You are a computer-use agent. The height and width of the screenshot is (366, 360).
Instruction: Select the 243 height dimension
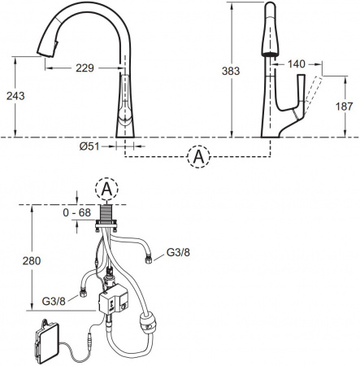(15, 95)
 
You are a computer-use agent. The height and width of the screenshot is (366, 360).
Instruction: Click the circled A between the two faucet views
(197, 157)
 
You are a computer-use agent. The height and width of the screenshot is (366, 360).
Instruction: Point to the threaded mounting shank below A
(106, 212)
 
